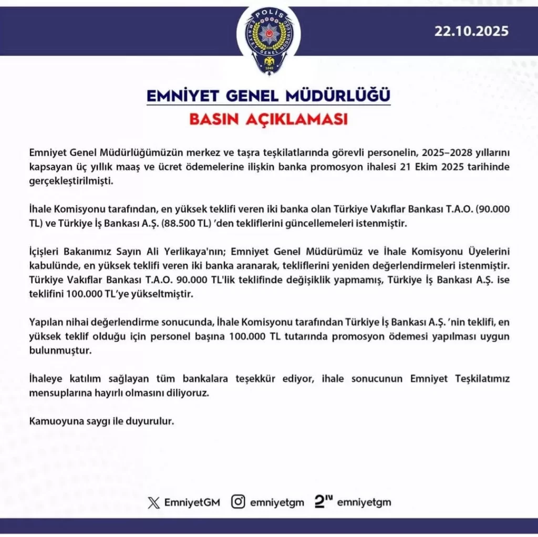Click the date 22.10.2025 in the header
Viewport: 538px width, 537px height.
tap(471, 30)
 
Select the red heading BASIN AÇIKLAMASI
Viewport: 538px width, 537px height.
tap(268, 119)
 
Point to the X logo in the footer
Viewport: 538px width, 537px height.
tap(153, 502)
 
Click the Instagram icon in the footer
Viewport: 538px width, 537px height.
tap(239, 502)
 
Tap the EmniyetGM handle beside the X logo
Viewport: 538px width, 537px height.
tap(192, 502)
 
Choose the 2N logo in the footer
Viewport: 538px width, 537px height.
tap(324, 502)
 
